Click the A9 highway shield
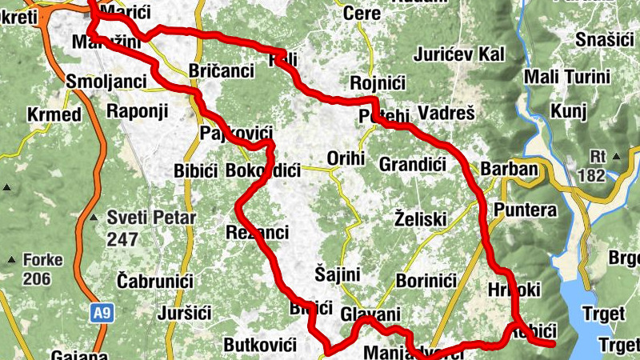100,314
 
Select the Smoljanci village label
106,82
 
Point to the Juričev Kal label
460,54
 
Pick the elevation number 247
123,238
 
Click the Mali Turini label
564,77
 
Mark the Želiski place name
421,218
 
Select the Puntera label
525,210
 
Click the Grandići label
412,166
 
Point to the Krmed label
54,114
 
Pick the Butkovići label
260,345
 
